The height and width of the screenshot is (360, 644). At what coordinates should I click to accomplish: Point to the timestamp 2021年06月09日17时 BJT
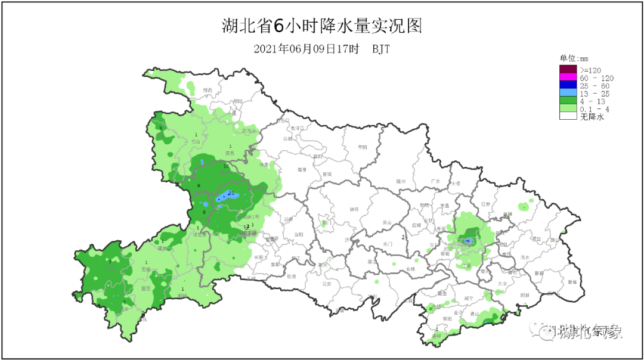[321, 49]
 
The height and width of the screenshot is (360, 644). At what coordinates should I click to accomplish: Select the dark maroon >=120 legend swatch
[568, 70]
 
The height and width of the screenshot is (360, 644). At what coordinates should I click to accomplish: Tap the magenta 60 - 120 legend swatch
[568, 78]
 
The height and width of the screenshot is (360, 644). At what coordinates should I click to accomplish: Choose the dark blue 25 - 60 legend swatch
[568, 86]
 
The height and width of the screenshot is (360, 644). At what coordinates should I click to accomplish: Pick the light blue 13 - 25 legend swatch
[568, 94]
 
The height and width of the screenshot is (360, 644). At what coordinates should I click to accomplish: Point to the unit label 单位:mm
[574, 58]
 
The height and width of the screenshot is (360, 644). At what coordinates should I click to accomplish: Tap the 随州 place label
[401, 181]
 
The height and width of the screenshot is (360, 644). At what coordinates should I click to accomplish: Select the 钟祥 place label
[354, 209]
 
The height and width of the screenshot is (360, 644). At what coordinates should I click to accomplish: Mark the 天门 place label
[388, 244]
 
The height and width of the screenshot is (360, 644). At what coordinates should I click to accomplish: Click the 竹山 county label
[196, 142]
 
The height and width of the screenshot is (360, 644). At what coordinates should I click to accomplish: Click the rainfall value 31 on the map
[231, 193]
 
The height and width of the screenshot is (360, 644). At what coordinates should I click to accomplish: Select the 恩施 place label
[146, 269]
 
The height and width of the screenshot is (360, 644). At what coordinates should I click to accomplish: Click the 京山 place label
[386, 222]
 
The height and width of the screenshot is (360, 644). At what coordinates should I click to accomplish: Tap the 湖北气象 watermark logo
[581, 331]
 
